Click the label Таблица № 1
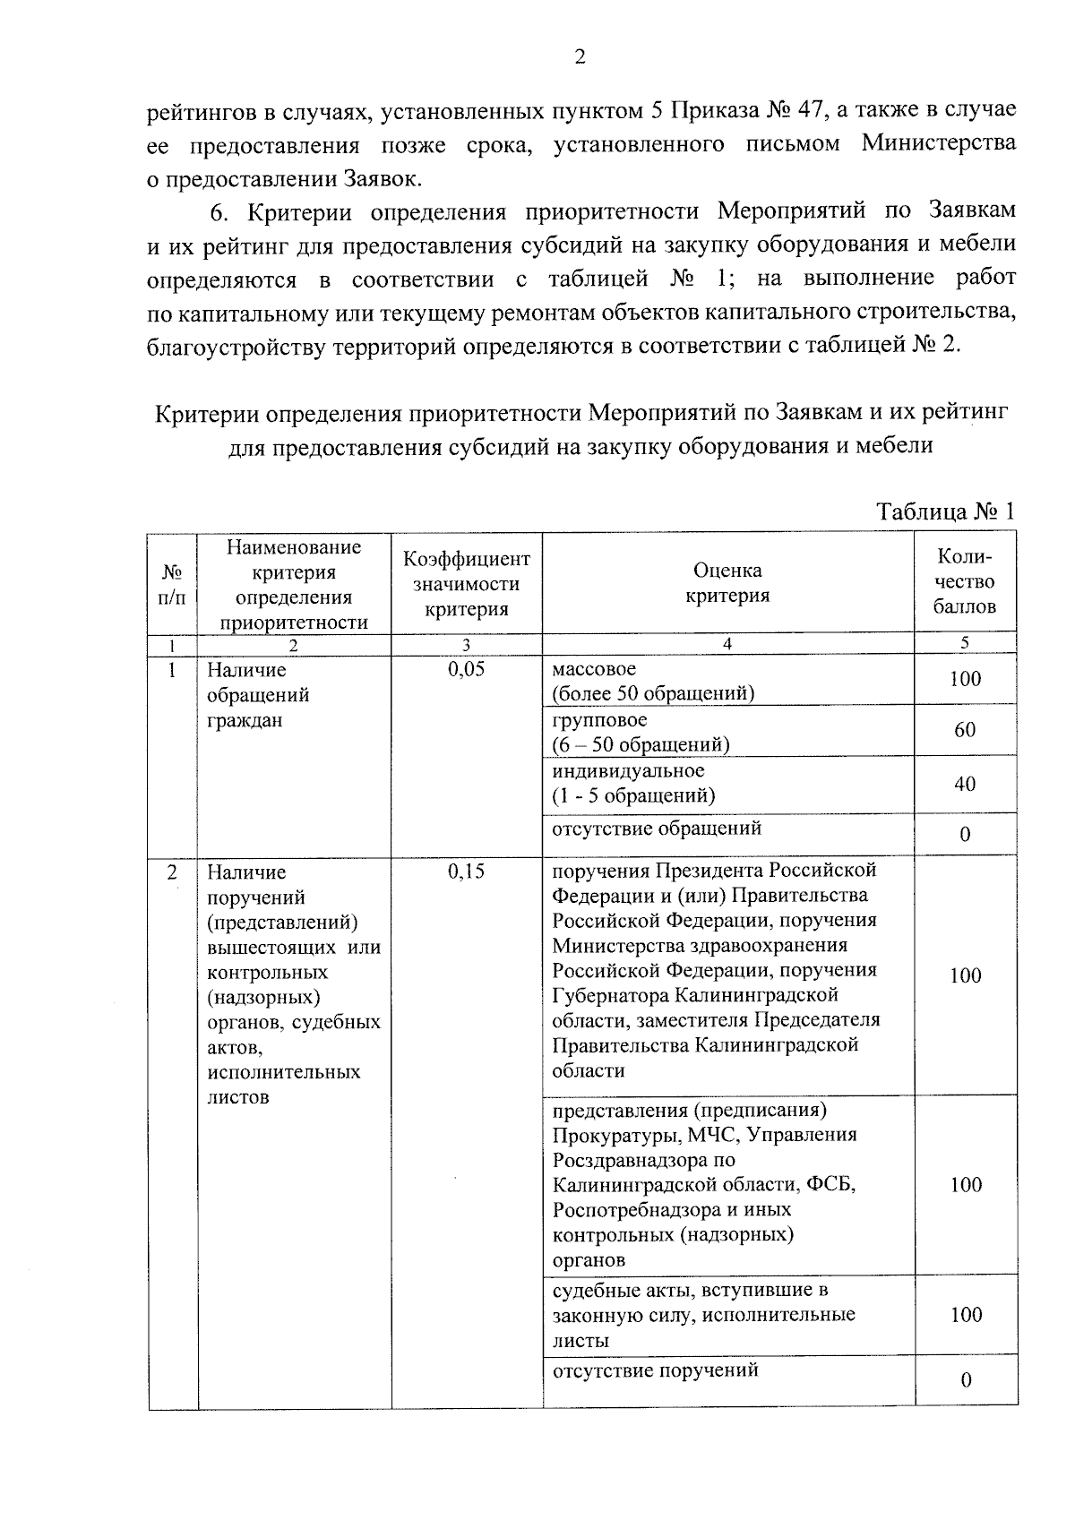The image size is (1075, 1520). [945, 511]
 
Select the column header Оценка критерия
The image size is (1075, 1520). [727, 582]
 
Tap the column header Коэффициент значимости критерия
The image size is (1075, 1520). [467, 584]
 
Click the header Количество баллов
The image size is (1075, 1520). [965, 581]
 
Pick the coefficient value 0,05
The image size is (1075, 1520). [466, 669]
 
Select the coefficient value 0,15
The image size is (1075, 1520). [466, 871]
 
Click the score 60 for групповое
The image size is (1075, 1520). [965, 730]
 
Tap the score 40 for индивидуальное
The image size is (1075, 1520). [965, 784]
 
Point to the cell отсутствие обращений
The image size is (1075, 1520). [657, 828]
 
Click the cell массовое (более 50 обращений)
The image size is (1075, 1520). [652, 681]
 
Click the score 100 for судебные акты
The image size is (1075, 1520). [966, 1314]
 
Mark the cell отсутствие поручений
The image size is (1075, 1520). [655, 1370]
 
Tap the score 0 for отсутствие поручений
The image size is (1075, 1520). [966, 1380]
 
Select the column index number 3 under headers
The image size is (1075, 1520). [466, 644]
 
